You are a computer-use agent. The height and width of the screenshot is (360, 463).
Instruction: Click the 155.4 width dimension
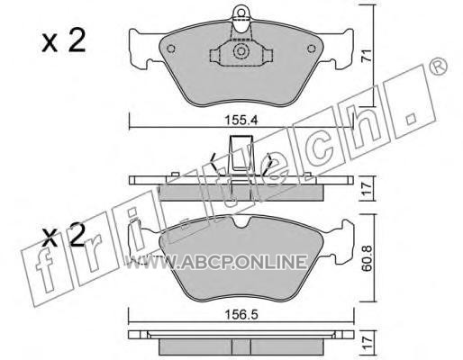(241, 121)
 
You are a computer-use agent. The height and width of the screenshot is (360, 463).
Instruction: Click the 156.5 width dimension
(241, 315)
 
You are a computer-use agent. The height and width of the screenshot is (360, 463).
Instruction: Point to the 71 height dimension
(367, 56)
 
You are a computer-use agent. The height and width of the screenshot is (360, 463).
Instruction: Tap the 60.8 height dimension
(367, 258)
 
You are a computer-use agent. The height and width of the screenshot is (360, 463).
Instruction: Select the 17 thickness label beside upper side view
(367, 188)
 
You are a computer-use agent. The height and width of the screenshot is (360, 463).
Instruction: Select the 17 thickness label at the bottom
(367, 343)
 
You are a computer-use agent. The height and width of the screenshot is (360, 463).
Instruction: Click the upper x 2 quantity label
(64, 41)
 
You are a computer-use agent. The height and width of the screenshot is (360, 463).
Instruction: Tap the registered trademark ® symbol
(439, 67)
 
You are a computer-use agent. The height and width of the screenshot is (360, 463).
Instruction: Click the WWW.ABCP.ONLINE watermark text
(217, 262)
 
